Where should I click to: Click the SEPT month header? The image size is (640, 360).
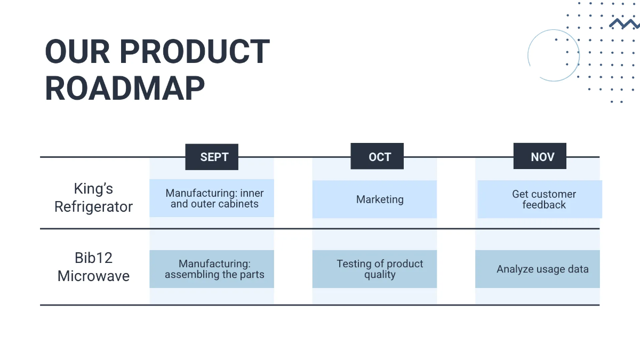click(212, 157)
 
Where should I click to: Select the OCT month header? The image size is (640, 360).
click(377, 157)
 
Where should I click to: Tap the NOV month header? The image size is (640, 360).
click(540, 157)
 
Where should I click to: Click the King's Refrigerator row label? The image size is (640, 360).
click(93, 198)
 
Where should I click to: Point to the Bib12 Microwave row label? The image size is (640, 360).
click(93, 267)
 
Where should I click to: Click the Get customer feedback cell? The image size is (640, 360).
click(540, 199)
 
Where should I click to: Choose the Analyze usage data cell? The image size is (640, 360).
click(538, 269)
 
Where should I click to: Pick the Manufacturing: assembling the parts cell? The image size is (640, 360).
click(212, 269)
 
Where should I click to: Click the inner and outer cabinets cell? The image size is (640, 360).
click(212, 199)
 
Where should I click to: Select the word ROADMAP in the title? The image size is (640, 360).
click(125, 89)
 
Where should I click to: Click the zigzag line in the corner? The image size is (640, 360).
click(624, 23)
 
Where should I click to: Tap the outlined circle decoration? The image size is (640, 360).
click(554, 55)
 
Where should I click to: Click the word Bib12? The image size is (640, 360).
click(93, 258)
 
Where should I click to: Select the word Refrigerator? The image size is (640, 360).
click(93, 207)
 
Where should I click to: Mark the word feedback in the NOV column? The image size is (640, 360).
click(544, 205)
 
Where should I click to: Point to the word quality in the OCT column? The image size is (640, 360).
click(380, 275)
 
